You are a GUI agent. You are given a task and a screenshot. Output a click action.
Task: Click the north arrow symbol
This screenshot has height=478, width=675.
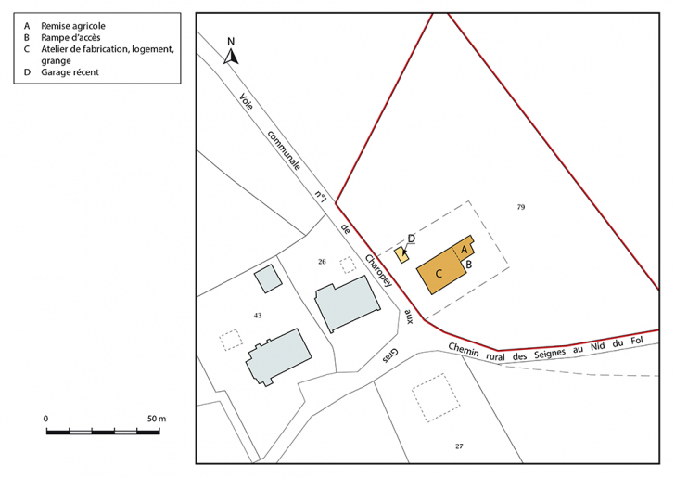[x=233, y=57]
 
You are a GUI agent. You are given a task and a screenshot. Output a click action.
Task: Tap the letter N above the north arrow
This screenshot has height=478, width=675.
[x=232, y=42]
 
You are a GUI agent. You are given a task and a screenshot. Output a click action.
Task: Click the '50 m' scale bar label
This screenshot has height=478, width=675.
[x=155, y=420]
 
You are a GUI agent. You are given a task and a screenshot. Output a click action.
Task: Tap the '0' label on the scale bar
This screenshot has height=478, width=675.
[x=46, y=420]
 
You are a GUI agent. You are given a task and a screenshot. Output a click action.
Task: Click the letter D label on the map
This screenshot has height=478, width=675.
[x=411, y=239]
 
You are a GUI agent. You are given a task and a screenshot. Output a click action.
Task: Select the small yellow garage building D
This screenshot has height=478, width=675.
[x=401, y=254]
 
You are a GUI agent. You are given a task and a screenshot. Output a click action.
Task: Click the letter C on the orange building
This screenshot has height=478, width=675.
[x=439, y=272]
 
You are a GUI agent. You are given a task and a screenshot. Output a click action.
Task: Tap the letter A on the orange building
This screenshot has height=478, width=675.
[x=464, y=249]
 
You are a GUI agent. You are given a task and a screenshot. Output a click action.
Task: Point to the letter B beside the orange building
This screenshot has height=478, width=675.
[x=469, y=265]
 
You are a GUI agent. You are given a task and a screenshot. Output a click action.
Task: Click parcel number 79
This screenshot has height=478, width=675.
[x=521, y=207]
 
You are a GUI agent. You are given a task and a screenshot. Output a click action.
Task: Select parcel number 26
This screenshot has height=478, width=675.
[x=322, y=261]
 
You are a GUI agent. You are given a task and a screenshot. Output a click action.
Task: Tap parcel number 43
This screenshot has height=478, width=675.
[x=258, y=316]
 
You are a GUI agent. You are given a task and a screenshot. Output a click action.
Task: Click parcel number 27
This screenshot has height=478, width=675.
[x=458, y=447]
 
